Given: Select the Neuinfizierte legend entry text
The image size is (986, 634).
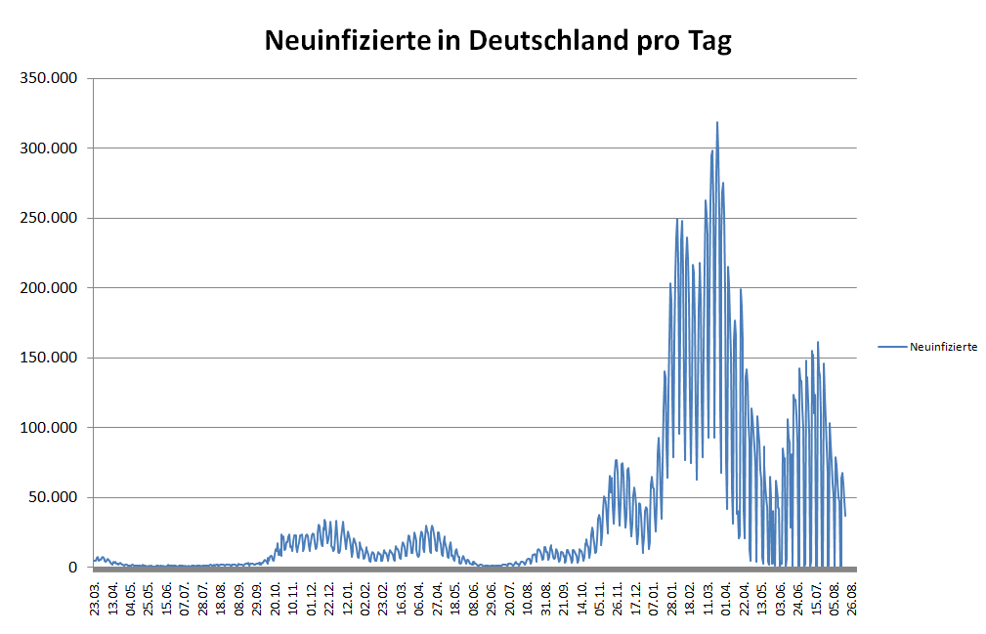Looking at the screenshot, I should point(943,347).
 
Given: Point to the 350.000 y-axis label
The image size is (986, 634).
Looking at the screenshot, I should point(49,78).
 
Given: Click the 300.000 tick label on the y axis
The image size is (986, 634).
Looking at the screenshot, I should point(49,148).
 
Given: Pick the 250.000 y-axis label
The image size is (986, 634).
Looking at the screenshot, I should point(49,218).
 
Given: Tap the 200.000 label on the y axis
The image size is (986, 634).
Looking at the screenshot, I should point(49,288).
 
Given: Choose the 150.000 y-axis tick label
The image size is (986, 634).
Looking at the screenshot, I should point(49,358).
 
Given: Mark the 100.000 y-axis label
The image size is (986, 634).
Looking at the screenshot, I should point(49,428).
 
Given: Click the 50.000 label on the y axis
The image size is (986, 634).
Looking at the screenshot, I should point(53,497).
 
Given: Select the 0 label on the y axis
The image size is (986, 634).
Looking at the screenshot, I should point(72,568).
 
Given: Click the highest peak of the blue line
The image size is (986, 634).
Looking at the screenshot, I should point(717,123).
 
